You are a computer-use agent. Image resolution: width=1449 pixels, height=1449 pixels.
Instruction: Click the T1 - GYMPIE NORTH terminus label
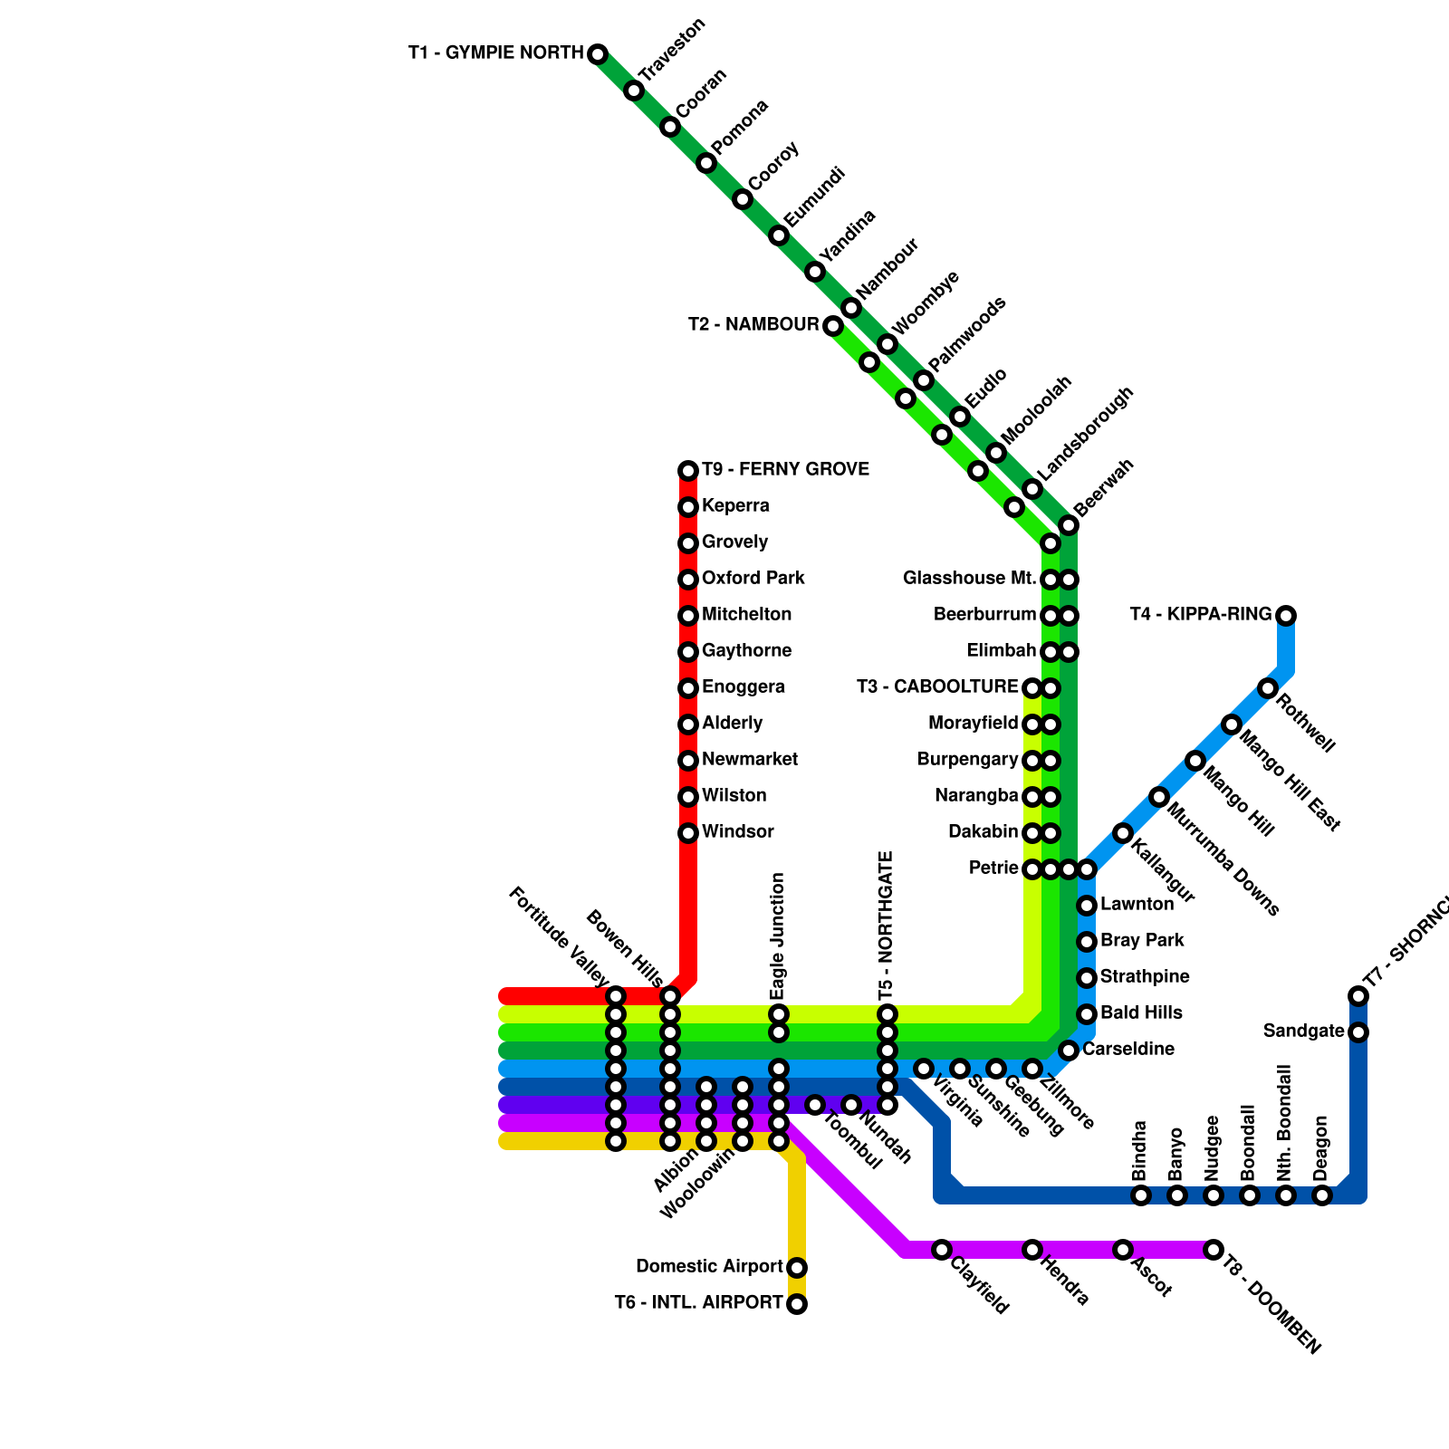[495, 53]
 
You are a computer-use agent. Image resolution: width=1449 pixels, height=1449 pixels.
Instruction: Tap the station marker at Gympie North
[598, 54]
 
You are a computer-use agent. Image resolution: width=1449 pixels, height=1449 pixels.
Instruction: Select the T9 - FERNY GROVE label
[785, 470]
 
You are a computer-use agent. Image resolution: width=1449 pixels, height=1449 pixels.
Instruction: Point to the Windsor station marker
[688, 833]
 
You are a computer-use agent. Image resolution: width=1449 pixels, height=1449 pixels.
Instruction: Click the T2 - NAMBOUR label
[753, 325]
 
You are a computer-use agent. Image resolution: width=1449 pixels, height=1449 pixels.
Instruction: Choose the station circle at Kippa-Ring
[1286, 616]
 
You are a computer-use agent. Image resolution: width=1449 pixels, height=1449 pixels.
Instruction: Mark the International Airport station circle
[797, 1304]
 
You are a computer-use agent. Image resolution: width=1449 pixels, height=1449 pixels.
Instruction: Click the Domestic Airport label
[709, 1267]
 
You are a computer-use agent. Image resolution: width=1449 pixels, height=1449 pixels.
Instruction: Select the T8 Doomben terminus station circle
[1214, 1250]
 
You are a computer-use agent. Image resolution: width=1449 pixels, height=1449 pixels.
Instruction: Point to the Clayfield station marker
[942, 1250]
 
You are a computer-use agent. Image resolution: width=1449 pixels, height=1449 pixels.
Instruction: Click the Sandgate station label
[1303, 1032]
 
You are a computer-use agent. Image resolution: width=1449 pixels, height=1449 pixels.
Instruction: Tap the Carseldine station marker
[1069, 1051]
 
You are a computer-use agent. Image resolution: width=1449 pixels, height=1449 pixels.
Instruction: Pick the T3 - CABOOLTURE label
[937, 687]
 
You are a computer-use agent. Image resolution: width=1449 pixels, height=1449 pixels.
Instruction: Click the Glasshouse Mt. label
[969, 579]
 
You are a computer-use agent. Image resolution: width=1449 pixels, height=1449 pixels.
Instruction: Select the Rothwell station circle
[1268, 688]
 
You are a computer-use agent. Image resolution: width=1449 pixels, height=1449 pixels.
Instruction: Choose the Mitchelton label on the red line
[746, 615]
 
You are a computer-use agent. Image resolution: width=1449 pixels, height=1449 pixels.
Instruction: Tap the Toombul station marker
[815, 1105]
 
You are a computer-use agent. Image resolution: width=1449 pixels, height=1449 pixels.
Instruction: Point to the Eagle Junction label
[778, 936]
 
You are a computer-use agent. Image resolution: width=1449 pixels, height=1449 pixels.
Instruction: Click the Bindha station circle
[1141, 1195]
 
